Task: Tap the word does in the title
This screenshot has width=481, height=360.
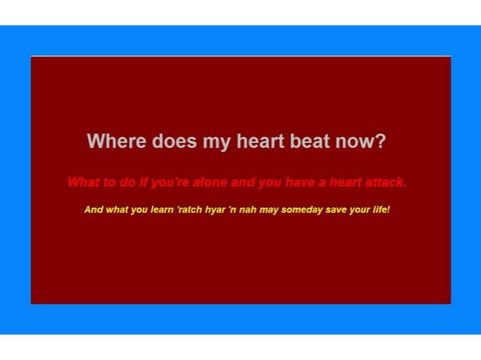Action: (x=174, y=141)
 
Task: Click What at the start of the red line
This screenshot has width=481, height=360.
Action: (x=84, y=182)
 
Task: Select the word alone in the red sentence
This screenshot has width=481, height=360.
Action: (x=210, y=182)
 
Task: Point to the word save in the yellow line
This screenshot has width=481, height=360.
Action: (x=337, y=209)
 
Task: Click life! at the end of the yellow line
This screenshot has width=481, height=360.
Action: (x=381, y=209)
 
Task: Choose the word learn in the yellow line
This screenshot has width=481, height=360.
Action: (x=162, y=209)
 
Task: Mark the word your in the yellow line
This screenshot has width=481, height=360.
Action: (x=360, y=210)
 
